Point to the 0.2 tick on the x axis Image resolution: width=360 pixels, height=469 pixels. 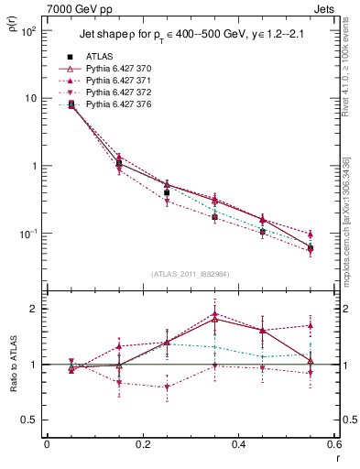click(142, 445)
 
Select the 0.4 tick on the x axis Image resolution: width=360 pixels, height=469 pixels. click(238, 445)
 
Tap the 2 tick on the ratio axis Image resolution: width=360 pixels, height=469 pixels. click(34, 309)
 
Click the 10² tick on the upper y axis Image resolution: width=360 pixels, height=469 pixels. click(27, 30)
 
